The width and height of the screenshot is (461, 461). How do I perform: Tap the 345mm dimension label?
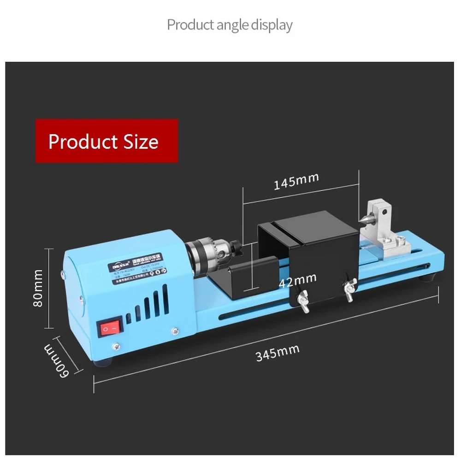click(278, 353)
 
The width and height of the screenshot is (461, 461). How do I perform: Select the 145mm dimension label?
click(296, 181)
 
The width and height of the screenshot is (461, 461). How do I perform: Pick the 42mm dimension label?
click(298, 279)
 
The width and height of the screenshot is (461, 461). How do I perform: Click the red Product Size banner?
click(106, 141)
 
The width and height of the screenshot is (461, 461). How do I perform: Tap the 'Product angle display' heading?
click(230, 24)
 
